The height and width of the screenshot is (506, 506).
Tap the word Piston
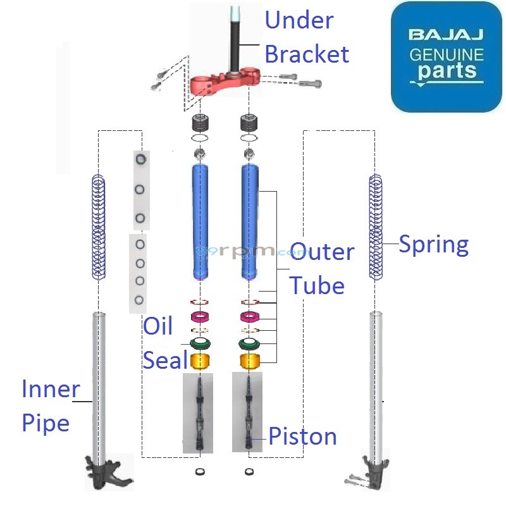pyautogui.click(x=302, y=436)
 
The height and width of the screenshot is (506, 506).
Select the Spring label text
pyautogui.click(x=434, y=244)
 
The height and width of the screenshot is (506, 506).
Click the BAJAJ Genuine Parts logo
pyautogui.click(x=446, y=57)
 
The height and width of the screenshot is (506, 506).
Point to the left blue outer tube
pyautogui.click(x=201, y=221)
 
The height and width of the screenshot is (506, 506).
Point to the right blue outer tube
pyautogui.click(x=250, y=221)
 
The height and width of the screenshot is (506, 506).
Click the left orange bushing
pyautogui.click(x=201, y=362)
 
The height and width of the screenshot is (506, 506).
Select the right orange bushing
pyautogui.click(x=250, y=362)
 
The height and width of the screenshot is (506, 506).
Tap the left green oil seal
pyautogui.click(x=201, y=345)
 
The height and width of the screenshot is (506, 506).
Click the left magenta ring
pyautogui.click(x=201, y=316)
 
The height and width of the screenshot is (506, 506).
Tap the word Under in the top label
pyautogui.click(x=299, y=21)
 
